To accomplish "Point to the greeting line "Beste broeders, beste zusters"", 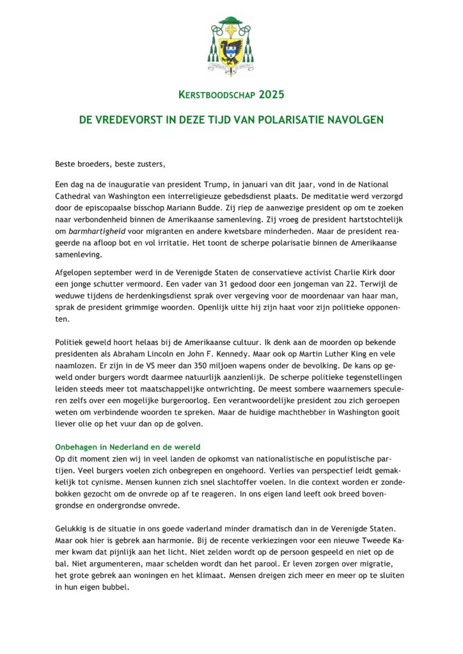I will [110, 163].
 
